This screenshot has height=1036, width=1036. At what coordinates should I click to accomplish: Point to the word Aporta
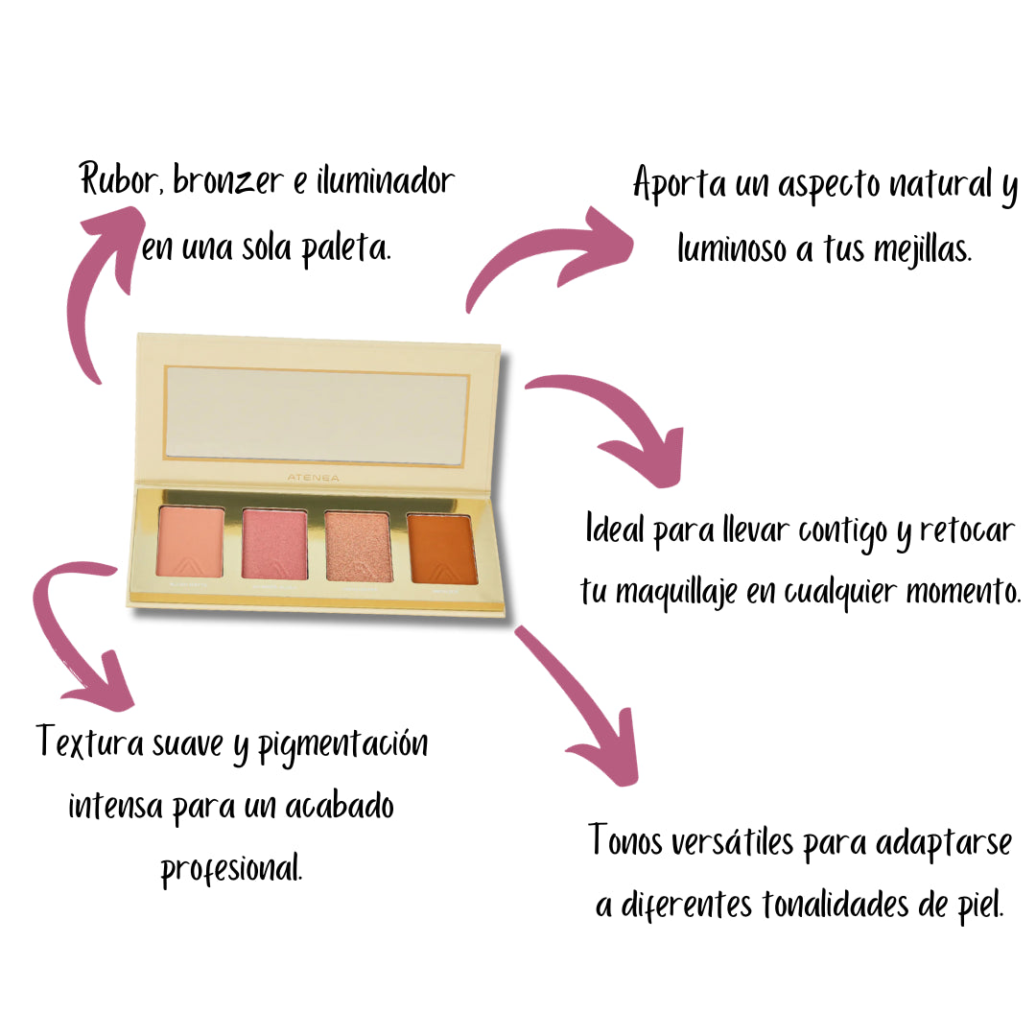tap(680, 185)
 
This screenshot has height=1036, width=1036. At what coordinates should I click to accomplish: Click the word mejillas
tap(922, 251)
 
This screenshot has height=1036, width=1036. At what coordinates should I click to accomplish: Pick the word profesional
tap(231, 870)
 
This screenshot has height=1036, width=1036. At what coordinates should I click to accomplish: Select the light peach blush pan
tap(190, 543)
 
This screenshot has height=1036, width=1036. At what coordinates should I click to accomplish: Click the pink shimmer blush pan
tap(274, 544)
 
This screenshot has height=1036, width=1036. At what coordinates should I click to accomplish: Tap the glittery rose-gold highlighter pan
tap(358, 546)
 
